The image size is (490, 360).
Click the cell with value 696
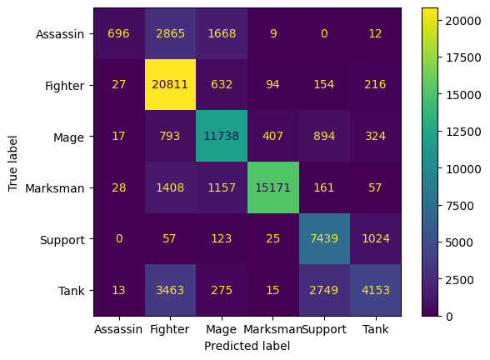(x=119, y=33)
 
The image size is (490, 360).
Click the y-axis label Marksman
(x=61, y=188)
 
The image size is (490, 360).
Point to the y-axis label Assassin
(x=62, y=34)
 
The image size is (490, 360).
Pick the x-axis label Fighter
(x=171, y=329)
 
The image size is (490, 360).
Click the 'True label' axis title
(x=12, y=162)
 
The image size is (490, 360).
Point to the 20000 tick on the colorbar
(x=466, y=20)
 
